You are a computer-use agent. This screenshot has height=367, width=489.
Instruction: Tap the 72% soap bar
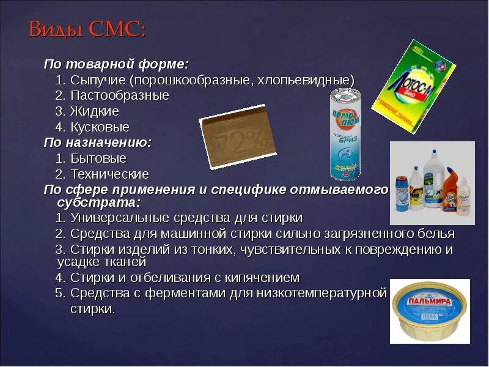point(238,136)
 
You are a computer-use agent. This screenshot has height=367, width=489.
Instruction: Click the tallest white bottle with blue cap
point(432,180)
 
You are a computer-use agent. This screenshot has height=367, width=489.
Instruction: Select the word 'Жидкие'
point(94,112)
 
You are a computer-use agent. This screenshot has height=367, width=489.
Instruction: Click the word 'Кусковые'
point(100,128)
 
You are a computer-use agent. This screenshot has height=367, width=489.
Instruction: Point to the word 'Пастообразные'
point(119,96)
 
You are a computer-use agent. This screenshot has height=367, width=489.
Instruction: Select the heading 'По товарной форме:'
point(116,64)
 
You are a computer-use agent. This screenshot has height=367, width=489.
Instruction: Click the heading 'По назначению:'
point(97,143)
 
